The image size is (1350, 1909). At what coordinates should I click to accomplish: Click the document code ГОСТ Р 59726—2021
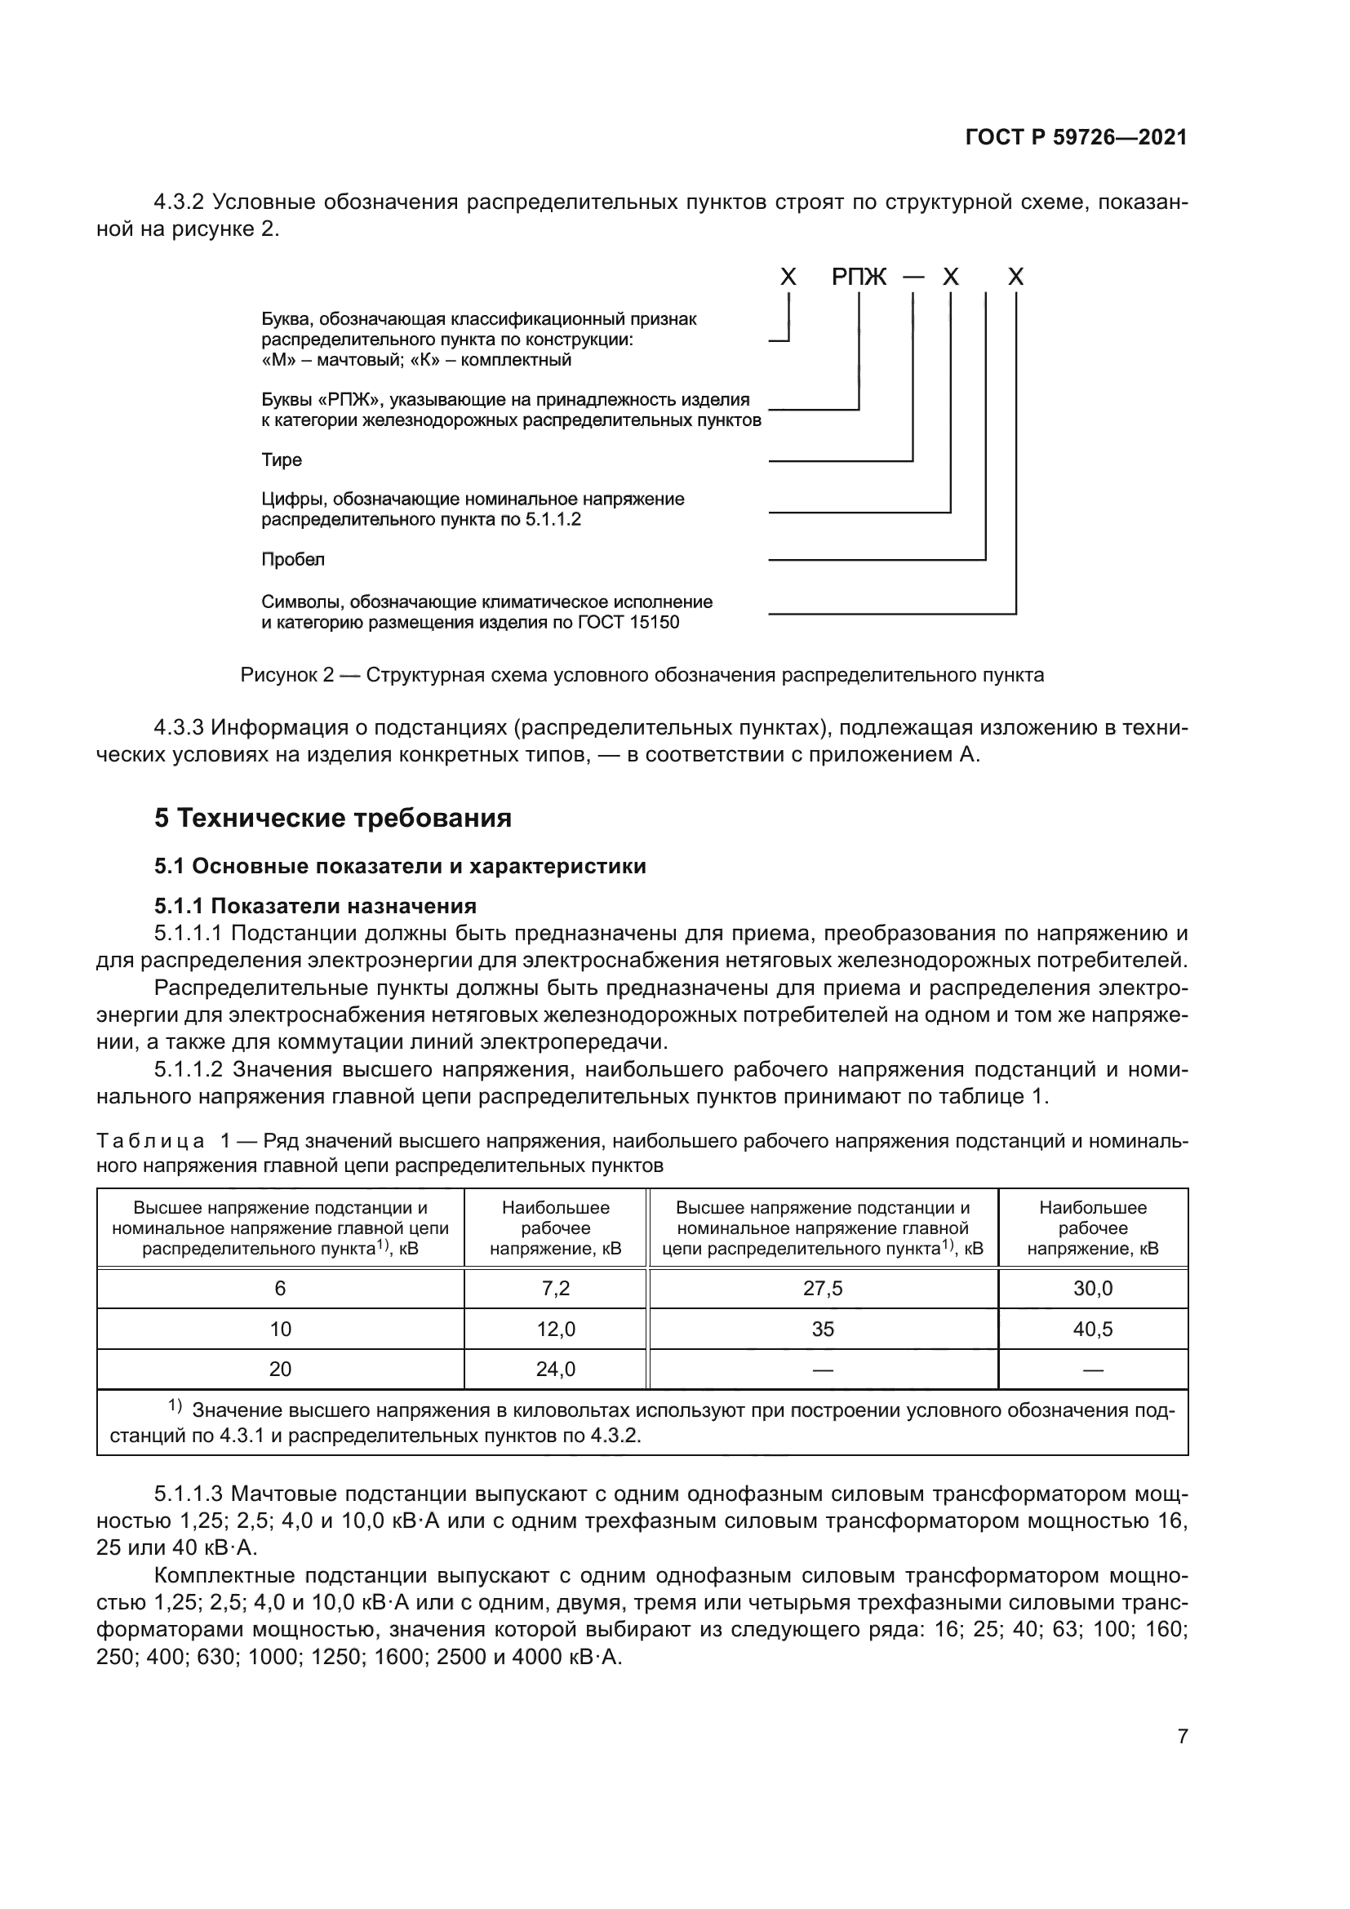coord(1076,138)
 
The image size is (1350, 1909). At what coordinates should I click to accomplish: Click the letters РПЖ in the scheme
coord(859,277)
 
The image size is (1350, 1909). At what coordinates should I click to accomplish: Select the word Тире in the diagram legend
coord(282,459)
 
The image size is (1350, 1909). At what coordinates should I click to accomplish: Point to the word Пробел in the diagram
coord(293,560)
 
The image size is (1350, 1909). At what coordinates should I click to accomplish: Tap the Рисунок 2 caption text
coord(642,675)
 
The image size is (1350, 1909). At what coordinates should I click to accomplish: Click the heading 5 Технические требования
coord(332,818)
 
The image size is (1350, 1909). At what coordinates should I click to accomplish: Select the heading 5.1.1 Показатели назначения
coord(315,905)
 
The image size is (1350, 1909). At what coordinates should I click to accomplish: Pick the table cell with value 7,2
coord(555,1289)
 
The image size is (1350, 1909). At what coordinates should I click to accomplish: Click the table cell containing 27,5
coord(822,1289)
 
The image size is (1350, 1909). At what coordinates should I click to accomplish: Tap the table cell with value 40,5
coord(1092,1330)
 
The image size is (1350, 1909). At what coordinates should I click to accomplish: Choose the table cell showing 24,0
coord(555,1370)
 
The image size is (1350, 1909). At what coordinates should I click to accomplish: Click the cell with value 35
coord(822,1330)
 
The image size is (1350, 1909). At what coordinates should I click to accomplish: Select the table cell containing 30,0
coord(1092,1289)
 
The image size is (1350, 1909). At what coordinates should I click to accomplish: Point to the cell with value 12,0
coord(555,1330)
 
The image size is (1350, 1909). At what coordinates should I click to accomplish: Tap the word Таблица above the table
coord(150,1142)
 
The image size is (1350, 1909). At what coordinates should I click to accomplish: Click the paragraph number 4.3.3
coord(179,727)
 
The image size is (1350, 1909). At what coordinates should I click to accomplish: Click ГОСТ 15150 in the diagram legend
coord(628,622)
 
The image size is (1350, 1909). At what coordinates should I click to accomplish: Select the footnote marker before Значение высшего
coord(175,1406)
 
